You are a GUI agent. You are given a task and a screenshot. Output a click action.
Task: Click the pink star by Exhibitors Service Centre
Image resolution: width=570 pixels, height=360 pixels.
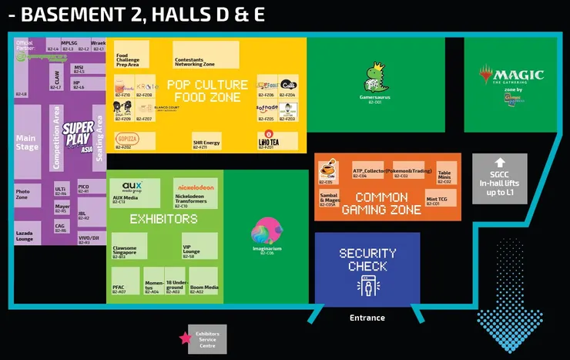pyautogui.click(x=185, y=338)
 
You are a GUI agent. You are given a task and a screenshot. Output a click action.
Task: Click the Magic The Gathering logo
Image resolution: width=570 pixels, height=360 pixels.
pyautogui.click(x=511, y=76)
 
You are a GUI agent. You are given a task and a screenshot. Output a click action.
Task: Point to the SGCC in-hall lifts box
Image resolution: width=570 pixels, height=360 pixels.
pyautogui.click(x=500, y=179)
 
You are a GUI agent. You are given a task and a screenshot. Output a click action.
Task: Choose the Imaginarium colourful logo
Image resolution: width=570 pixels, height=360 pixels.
pyautogui.click(x=267, y=230)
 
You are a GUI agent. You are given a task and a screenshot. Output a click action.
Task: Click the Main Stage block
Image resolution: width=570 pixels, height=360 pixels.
pyautogui.click(x=27, y=143)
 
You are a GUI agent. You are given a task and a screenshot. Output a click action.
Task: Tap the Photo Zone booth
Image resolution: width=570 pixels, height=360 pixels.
pyautogui.click(x=25, y=195)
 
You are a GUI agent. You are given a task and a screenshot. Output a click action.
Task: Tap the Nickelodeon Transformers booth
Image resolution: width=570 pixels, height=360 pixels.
pyautogui.click(x=196, y=193)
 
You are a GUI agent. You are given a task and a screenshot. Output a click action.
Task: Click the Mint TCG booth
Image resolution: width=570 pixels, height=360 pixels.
pyautogui.click(x=438, y=197)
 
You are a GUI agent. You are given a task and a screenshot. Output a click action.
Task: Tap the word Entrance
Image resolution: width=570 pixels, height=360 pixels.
pyautogui.click(x=367, y=318)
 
